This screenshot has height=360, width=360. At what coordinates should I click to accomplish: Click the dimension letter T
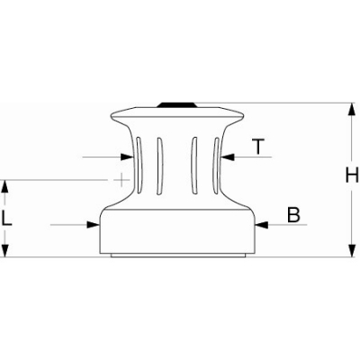click(258, 147)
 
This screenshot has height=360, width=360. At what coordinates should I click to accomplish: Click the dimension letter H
click(352, 175)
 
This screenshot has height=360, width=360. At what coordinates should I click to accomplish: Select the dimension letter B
click(293, 215)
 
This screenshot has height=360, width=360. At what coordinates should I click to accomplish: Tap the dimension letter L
click(6, 218)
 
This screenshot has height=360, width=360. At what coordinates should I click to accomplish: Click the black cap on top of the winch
click(176, 105)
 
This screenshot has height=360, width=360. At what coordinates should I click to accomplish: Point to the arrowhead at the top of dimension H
click(352, 110)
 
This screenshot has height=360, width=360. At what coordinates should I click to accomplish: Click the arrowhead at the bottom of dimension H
click(352, 250)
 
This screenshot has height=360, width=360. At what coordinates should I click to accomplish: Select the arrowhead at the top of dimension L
click(5, 186)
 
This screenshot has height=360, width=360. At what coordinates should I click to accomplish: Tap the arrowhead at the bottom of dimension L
click(5, 250)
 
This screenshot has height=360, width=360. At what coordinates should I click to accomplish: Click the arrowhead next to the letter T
click(228, 157)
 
